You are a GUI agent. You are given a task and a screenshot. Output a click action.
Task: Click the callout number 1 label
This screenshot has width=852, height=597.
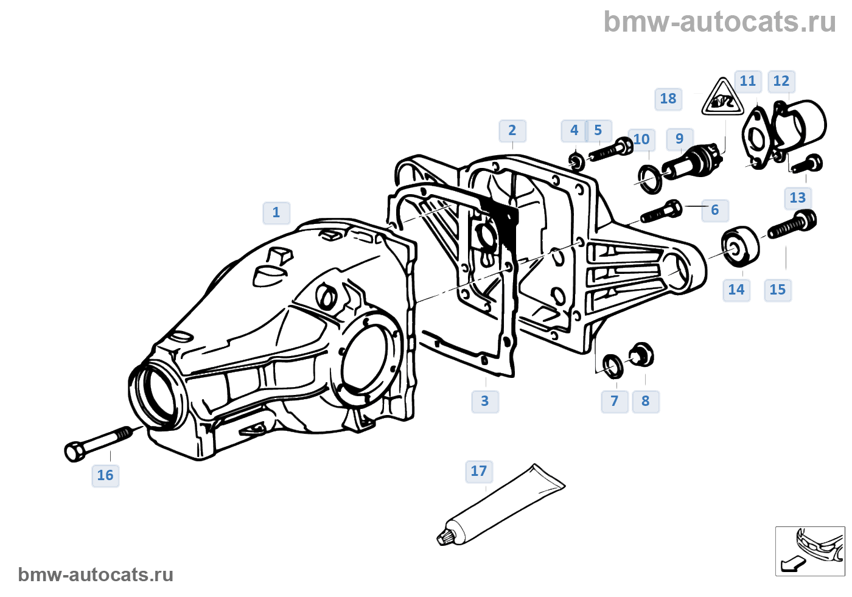[276, 212]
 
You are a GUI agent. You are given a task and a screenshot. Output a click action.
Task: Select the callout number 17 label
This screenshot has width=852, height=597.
[478, 471]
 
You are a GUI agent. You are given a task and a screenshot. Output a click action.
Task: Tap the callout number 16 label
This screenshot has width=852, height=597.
[105, 475]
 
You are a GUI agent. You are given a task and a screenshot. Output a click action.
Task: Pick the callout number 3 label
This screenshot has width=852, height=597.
[484, 401]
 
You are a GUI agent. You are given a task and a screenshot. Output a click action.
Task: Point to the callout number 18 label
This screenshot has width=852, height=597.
[668, 99]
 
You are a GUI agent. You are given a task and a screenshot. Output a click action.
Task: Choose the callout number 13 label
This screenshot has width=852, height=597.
[797, 198]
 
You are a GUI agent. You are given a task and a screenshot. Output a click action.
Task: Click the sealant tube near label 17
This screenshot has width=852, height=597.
[502, 504]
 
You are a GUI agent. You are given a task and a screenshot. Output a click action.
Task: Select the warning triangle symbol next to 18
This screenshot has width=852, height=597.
[722, 97]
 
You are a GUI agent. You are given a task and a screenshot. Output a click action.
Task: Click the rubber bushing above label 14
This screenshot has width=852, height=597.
[741, 246]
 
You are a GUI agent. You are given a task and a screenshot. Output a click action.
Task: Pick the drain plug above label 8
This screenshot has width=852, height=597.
[641, 354]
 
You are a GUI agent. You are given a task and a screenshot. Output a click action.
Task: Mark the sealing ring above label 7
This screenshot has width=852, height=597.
[612, 365]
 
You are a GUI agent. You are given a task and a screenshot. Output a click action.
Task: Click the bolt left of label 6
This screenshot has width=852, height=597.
[660, 211]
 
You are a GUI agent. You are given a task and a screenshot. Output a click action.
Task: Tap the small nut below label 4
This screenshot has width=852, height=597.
[576, 161]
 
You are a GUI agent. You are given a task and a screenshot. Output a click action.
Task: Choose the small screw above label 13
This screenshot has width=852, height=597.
[808, 164]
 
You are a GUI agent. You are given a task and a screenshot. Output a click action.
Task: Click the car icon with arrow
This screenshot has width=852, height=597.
[810, 551]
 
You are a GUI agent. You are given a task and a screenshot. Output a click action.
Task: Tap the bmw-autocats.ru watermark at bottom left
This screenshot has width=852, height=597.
[96, 575]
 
